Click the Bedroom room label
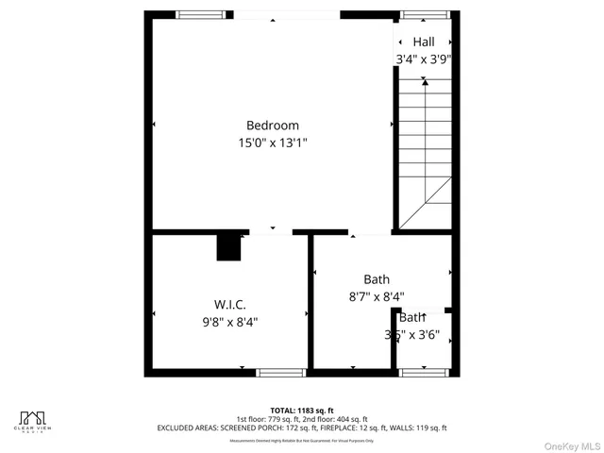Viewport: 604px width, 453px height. [273, 126]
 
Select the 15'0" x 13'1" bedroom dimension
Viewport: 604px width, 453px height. [273, 143]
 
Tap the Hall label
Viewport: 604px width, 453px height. [424, 42]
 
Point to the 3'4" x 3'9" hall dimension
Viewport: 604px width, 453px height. [424, 59]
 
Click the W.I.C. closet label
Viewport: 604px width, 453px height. [230, 305]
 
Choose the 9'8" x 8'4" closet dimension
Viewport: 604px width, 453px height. [230, 322]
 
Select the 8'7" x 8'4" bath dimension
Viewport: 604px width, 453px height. [377, 296]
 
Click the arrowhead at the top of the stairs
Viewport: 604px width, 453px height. [424, 83]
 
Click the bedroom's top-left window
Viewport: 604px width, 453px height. [194, 14]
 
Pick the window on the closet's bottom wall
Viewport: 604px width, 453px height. [282, 373]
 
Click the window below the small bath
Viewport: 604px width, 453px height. [422, 373]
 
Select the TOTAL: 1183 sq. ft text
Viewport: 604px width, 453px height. [302, 411]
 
